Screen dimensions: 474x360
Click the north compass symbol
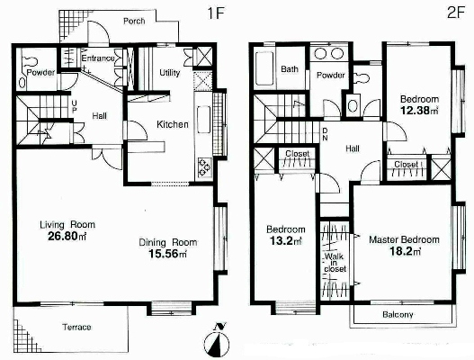point(217,340)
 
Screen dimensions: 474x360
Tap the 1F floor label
point(216,13)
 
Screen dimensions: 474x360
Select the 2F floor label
point(455,13)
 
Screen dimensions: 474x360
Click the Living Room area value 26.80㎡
point(67,237)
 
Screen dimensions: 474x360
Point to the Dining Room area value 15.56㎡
point(167,254)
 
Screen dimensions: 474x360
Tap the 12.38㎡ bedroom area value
point(419,111)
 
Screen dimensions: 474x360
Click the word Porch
point(134,22)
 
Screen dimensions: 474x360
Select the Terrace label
point(76,327)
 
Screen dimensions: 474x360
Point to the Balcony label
point(398,315)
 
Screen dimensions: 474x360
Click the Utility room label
point(170,73)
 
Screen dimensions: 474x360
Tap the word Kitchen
point(173,124)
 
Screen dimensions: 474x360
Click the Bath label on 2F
point(290,69)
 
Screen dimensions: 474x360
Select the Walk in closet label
point(335,263)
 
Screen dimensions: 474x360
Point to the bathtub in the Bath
point(264,68)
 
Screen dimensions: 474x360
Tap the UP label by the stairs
point(74,106)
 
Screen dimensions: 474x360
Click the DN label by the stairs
point(325,134)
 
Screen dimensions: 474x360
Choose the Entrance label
point(98,58)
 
